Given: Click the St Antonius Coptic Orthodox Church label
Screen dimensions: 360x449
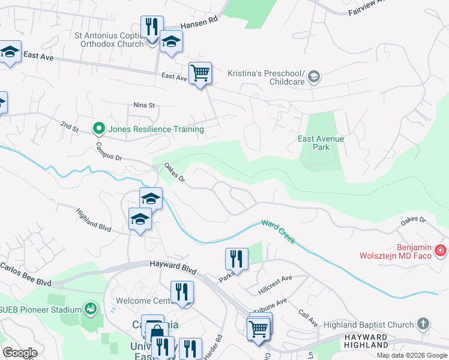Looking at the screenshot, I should click(x=109, y=40).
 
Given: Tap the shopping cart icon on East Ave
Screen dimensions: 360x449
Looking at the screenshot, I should click(x=200, y=73).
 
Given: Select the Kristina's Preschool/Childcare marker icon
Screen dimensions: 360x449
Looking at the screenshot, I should click(x=314, y=77).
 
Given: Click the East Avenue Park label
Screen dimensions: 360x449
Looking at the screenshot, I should click(x=321, y=143).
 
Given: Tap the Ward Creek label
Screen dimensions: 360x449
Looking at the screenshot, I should click(x=278, y=231).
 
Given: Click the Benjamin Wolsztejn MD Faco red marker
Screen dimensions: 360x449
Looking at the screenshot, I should click(x=441, y=250).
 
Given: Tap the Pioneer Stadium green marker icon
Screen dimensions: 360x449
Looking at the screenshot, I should click(x=91, y=309).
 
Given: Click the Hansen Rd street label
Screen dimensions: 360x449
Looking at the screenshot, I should click(x=199, y=23).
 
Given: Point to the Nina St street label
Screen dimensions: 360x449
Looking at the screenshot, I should click(x=144, y=105).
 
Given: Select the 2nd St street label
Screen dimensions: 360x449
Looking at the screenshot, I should click(x=70, y=126).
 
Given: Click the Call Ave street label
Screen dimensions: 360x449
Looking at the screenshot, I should click(x=309, y=318).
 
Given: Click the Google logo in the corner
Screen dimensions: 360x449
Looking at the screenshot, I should click(x=20, y=352).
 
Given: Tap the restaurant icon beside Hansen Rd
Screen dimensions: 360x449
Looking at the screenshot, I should click(x=151, y=27).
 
